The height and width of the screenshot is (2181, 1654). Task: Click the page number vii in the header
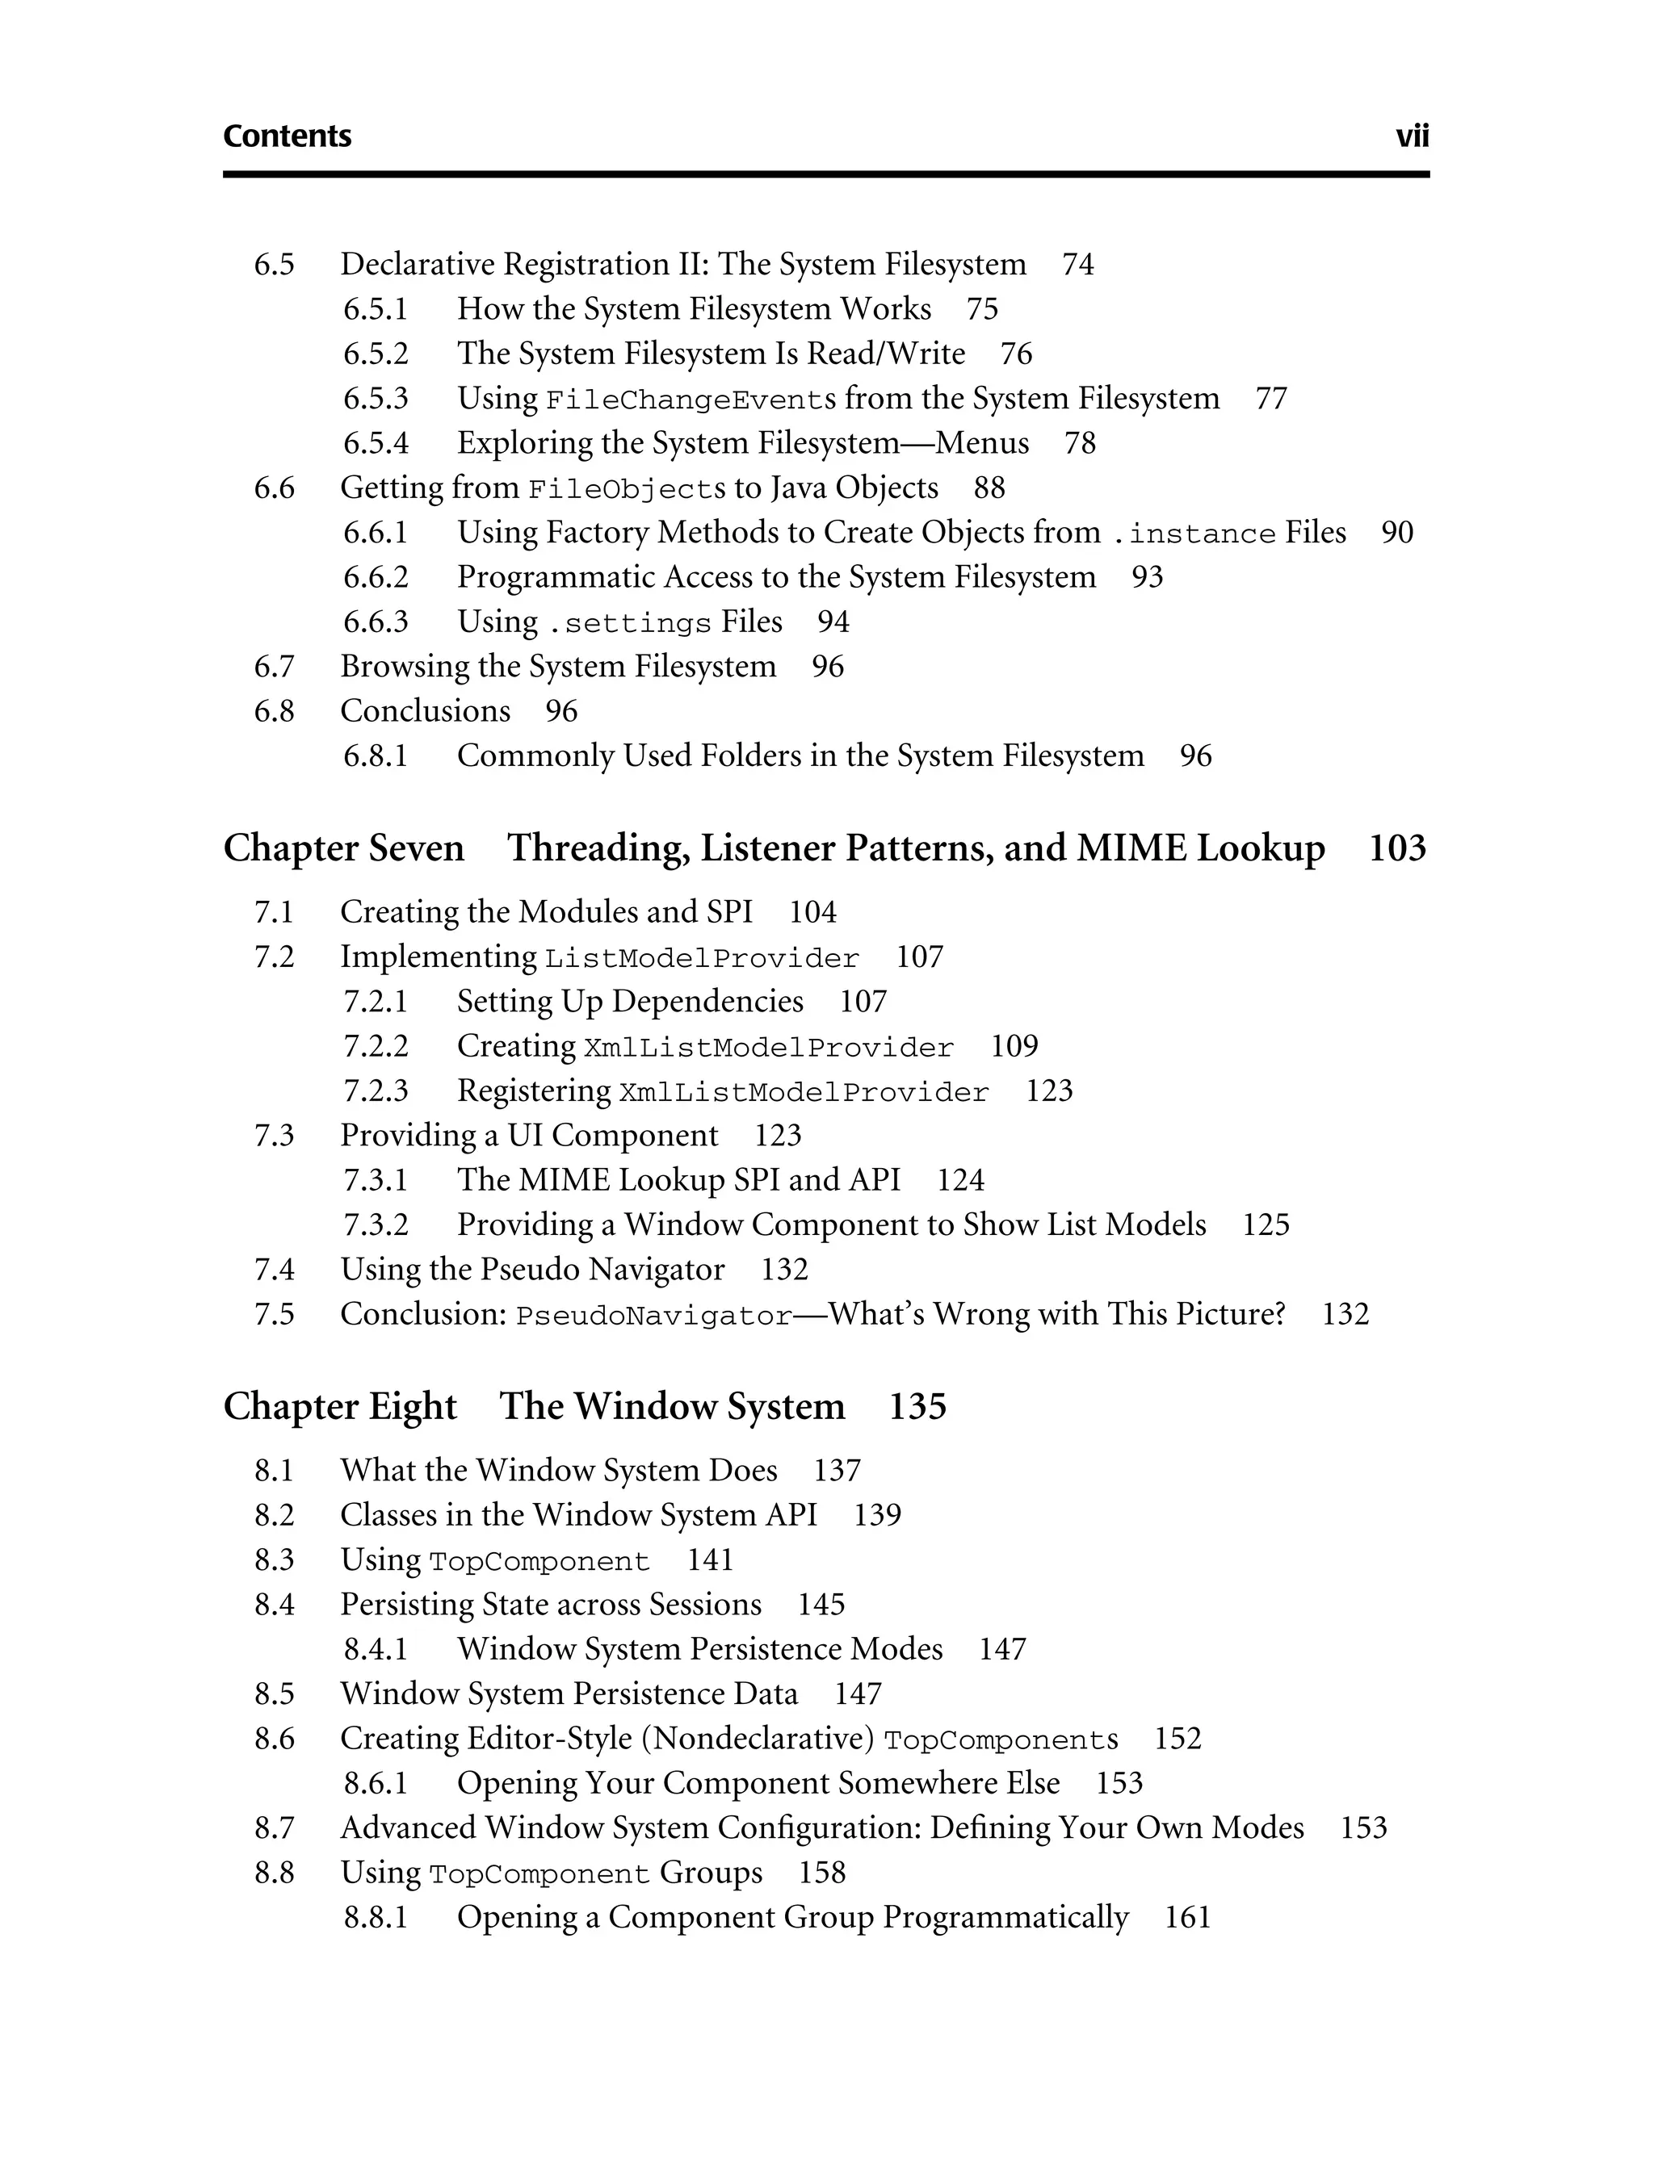(x=1412, y=136)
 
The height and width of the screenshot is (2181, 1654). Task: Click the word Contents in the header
(x=287, y=136)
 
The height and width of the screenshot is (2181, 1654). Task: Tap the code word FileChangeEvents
(x=691, y=400)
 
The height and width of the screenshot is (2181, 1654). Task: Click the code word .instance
(x=1194, y=534)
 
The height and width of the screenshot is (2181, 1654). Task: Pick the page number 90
(x=1396, y=533)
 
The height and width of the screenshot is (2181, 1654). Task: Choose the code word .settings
(x=629, y=623)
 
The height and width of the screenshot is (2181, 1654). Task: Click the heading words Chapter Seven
(x=343, y=848)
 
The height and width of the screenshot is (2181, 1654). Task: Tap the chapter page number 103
(x=1396, y=848)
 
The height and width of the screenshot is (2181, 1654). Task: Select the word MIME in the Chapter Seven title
(x=1131, y=848)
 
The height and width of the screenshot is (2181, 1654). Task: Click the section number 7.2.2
(x=375, y=1046)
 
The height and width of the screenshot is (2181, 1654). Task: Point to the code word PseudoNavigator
(x=654, y=1317)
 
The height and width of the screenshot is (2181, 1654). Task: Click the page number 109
(x=1014, y=1046)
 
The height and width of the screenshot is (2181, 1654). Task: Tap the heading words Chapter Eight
(x=340, y=1406)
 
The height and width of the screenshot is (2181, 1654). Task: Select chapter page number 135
(x=917, y=1406)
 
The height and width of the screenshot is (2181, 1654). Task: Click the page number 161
(x=1187, y=1917)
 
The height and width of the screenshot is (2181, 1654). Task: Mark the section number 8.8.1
(x=375, y=1918)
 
